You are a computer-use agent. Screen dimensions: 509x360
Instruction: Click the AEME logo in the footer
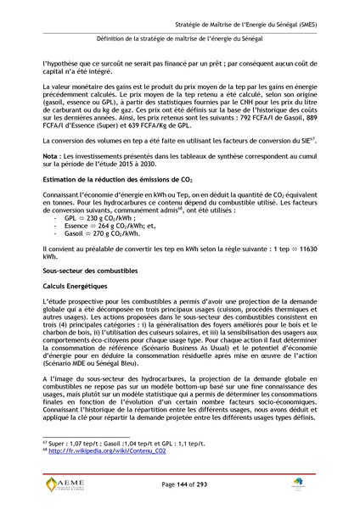tap(64, 485)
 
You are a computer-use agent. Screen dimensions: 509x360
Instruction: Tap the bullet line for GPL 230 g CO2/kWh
tap(94, 217)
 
